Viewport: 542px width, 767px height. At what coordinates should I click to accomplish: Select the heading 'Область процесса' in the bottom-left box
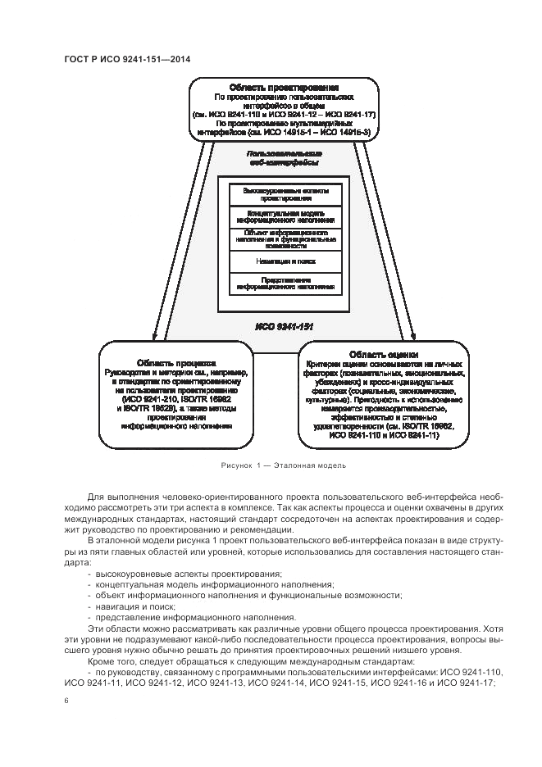(176, 361)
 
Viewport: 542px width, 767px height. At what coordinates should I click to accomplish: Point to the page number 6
(66, 701)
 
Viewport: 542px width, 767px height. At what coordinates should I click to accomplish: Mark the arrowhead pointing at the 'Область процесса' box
(153, 337)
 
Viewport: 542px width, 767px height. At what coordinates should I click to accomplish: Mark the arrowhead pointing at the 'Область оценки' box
(415, 337)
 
